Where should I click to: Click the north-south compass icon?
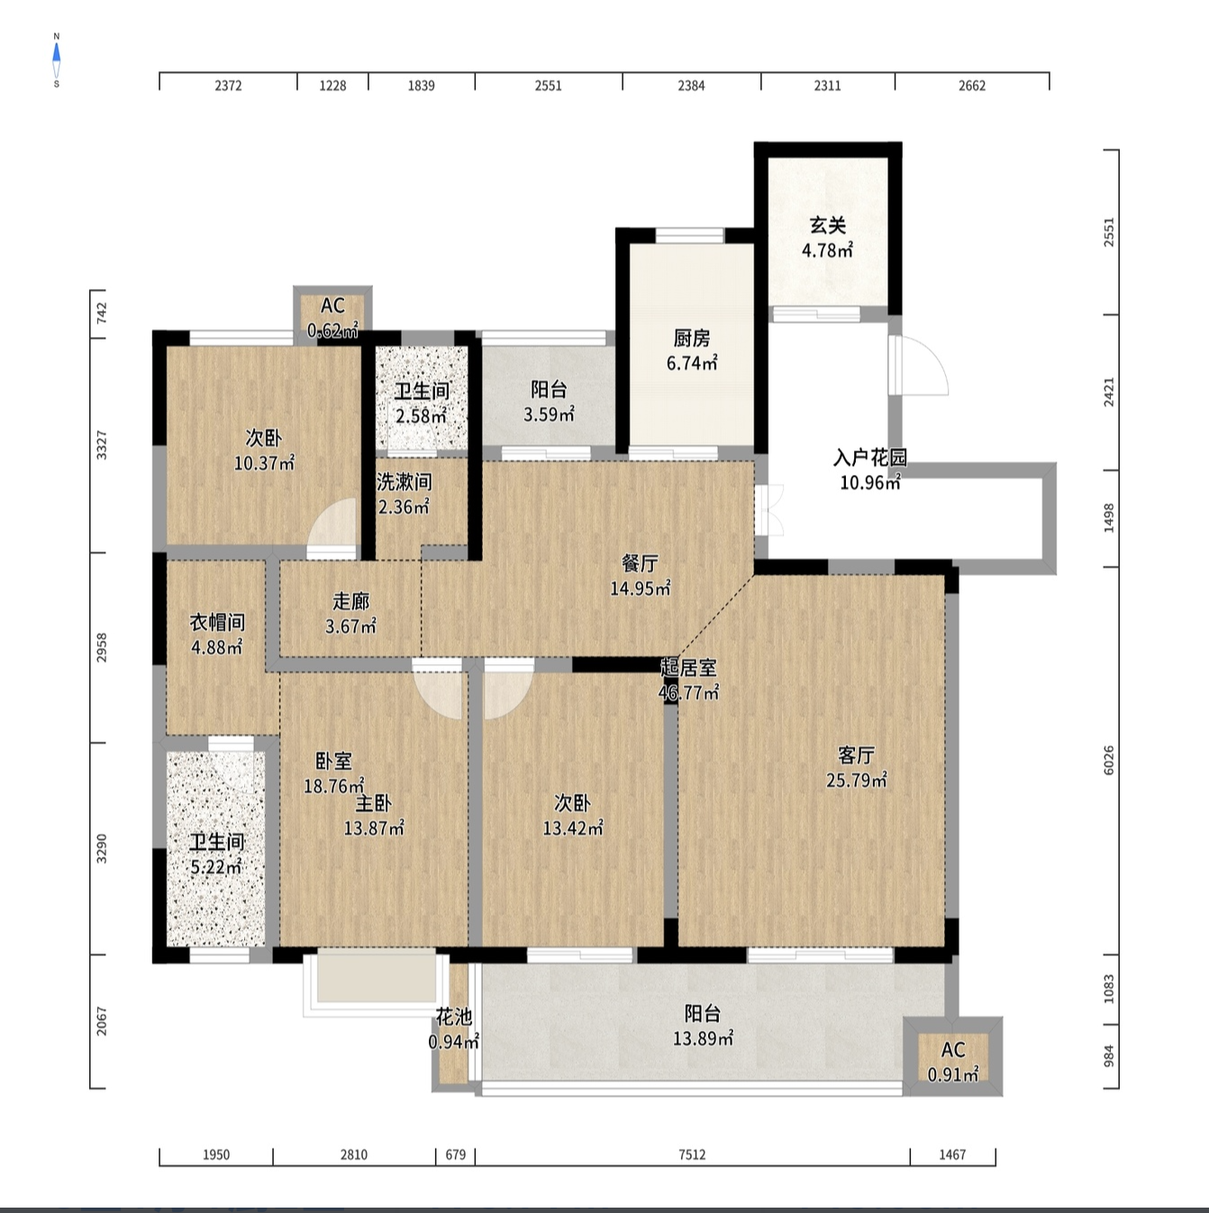click(x=57, y=59)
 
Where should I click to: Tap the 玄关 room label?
click(x=827, y=225)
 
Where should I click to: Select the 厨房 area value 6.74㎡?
click(x=692, y=363)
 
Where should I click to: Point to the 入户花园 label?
click(x=870, y=458)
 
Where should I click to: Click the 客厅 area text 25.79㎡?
click(x=856, y=780)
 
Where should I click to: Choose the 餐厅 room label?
click(x=640, y=562)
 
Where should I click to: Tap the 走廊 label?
click(x=350, y=601)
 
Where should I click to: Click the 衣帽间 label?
click(x=217, y=623)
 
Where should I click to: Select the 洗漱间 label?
click(x=404, y=481)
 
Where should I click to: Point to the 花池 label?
click(x=454, y=1017)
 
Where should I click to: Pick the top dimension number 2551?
click(x=548, y=86)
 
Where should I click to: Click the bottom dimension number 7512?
click(x=692, y=1154)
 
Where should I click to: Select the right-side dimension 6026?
click(x=1108, y=761)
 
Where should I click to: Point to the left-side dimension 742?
click(x=101, y=313)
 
